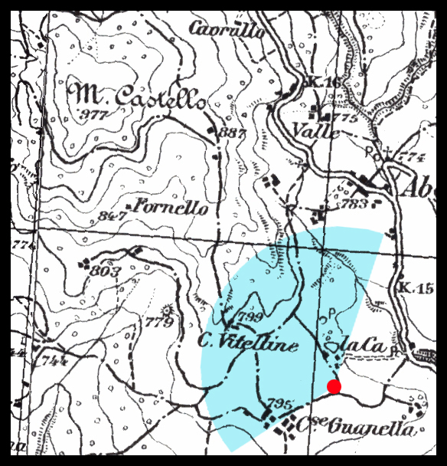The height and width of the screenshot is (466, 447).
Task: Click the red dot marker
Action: tap(334, 386)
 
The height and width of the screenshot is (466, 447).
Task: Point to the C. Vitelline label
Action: tap(247, 344)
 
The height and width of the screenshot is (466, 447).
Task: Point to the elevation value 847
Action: tap(113, 216)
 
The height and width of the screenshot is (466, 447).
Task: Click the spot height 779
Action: tap(160, 323)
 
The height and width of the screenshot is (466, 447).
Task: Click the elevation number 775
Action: tap(345, 118)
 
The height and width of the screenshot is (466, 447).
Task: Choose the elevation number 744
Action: tap(55, 360)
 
